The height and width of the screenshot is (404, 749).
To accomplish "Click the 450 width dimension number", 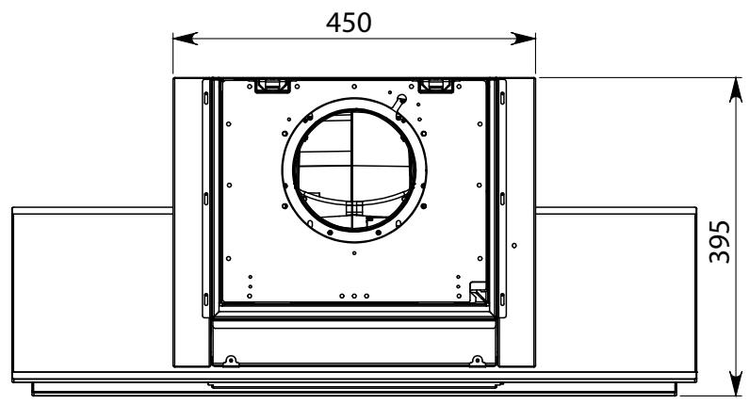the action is coord(349,23).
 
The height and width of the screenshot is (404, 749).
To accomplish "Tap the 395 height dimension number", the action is coord(720,242).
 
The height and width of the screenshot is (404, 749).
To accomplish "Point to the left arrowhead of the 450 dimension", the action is coord(186,39).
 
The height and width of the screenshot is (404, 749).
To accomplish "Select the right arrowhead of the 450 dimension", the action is coord(523,39).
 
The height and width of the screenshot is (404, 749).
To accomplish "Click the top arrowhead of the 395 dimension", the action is coord(736,89).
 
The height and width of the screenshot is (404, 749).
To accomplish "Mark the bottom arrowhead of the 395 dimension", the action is coord(736,383).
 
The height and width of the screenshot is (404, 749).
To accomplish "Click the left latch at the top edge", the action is coord(273,86).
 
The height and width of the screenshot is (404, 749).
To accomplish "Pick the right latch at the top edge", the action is coord(435,86).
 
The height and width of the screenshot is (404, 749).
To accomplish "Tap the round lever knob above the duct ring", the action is coord(401,99).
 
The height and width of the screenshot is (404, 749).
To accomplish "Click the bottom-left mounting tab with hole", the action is coord(231,361).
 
